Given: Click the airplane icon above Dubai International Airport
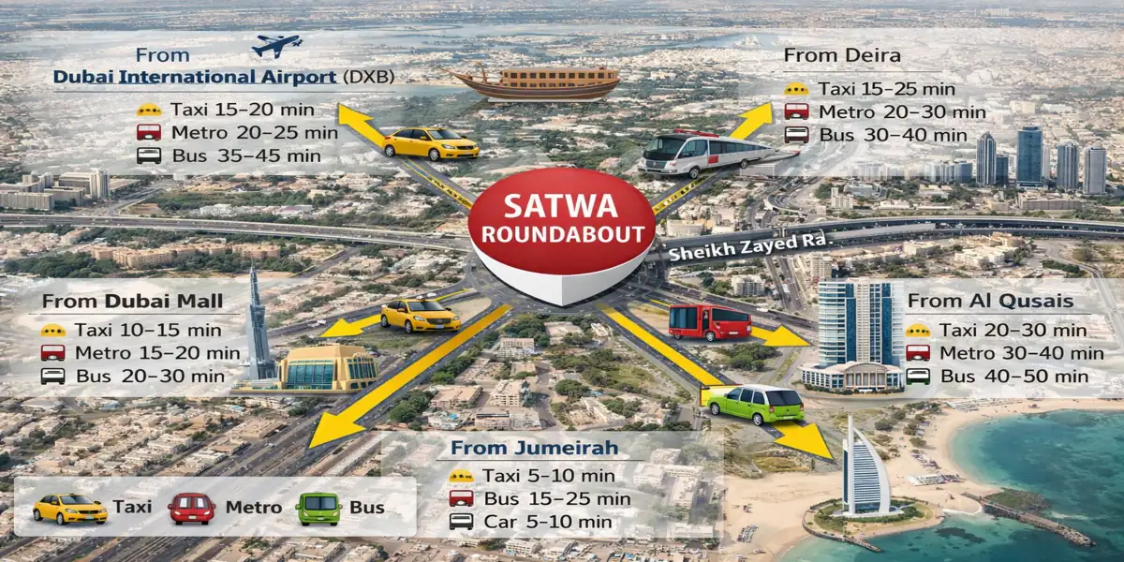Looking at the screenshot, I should click(x=277, y=46).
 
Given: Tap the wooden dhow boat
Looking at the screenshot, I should click(x=534, y=83).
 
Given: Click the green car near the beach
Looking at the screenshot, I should click(x=755, y=404).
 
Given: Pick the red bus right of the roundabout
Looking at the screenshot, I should click(x=710, y=321).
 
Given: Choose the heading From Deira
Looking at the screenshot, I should click(x=842, y=55).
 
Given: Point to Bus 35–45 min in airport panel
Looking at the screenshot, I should click(x=245, y=155).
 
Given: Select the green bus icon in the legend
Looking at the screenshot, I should click(x=318, y=508).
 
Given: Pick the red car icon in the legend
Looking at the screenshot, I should click(x=192, y=508).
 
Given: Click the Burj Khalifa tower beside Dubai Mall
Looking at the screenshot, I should click(x=258, y=323).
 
